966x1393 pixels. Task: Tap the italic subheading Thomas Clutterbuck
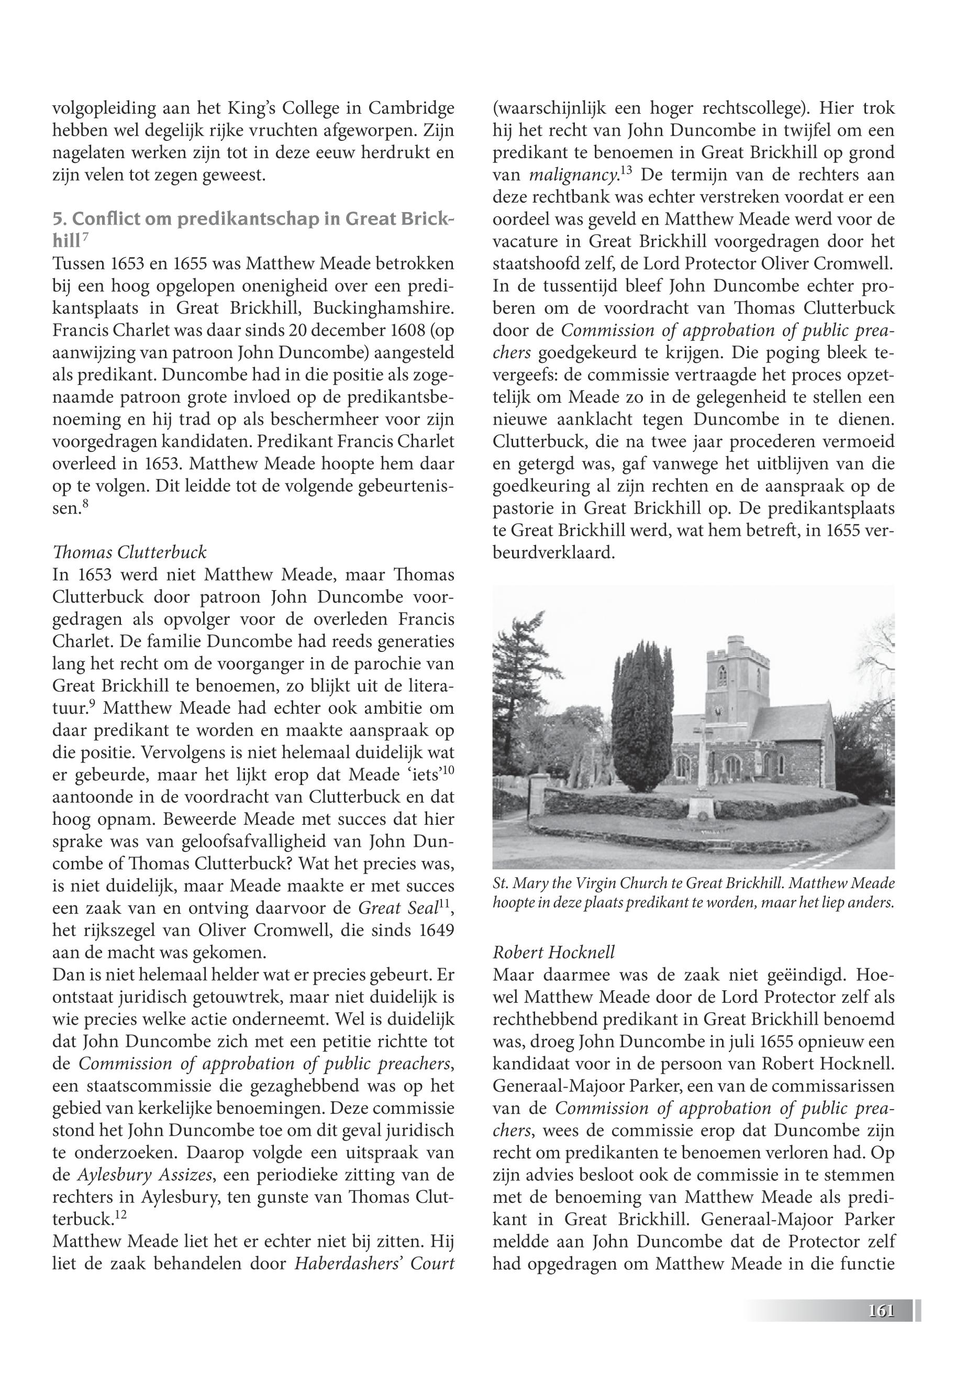coord(129,552)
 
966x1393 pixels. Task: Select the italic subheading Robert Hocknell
coord(553,952)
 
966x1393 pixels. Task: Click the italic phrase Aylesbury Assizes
coord(145,1176)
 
